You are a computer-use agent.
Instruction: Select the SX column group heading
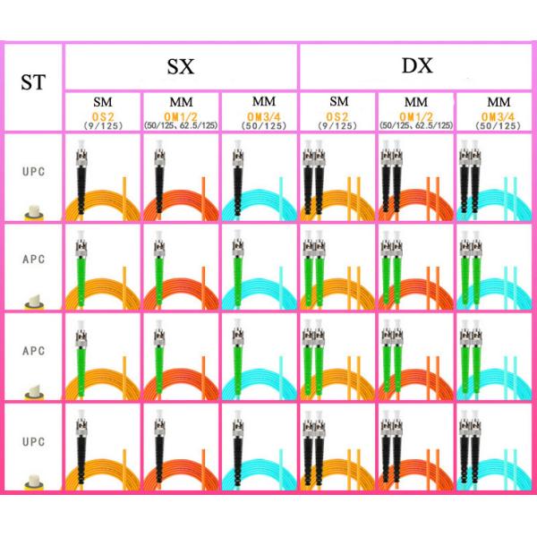(x=181, y=66)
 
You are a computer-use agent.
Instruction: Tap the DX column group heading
(x=416, y=65)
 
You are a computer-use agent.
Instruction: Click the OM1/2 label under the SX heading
(x=180, y=116)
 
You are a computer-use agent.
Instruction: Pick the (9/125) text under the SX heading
(x=102, y=126)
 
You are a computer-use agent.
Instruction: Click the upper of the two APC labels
(x=32, y=259)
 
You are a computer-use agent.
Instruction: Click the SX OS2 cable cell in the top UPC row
(x=102, y=179)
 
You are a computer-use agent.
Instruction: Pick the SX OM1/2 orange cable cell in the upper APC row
(x=180, y=268)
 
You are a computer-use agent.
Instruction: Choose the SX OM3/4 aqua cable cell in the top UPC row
(x=258, y=179)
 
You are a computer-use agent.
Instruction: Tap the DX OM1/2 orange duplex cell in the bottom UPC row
(x=415, y=448)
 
